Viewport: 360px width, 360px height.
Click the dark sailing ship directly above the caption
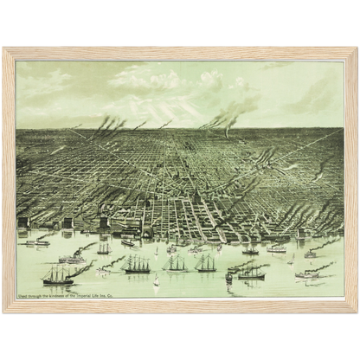click(59, 275)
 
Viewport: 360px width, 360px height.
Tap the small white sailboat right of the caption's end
click(157, 281)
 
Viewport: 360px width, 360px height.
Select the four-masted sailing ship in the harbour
click(136, 264)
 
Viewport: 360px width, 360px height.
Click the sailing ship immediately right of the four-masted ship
click(177, 263)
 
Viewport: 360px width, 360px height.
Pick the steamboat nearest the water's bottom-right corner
click(307, 274)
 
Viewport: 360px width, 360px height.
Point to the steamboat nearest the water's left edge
click(36, 242)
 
